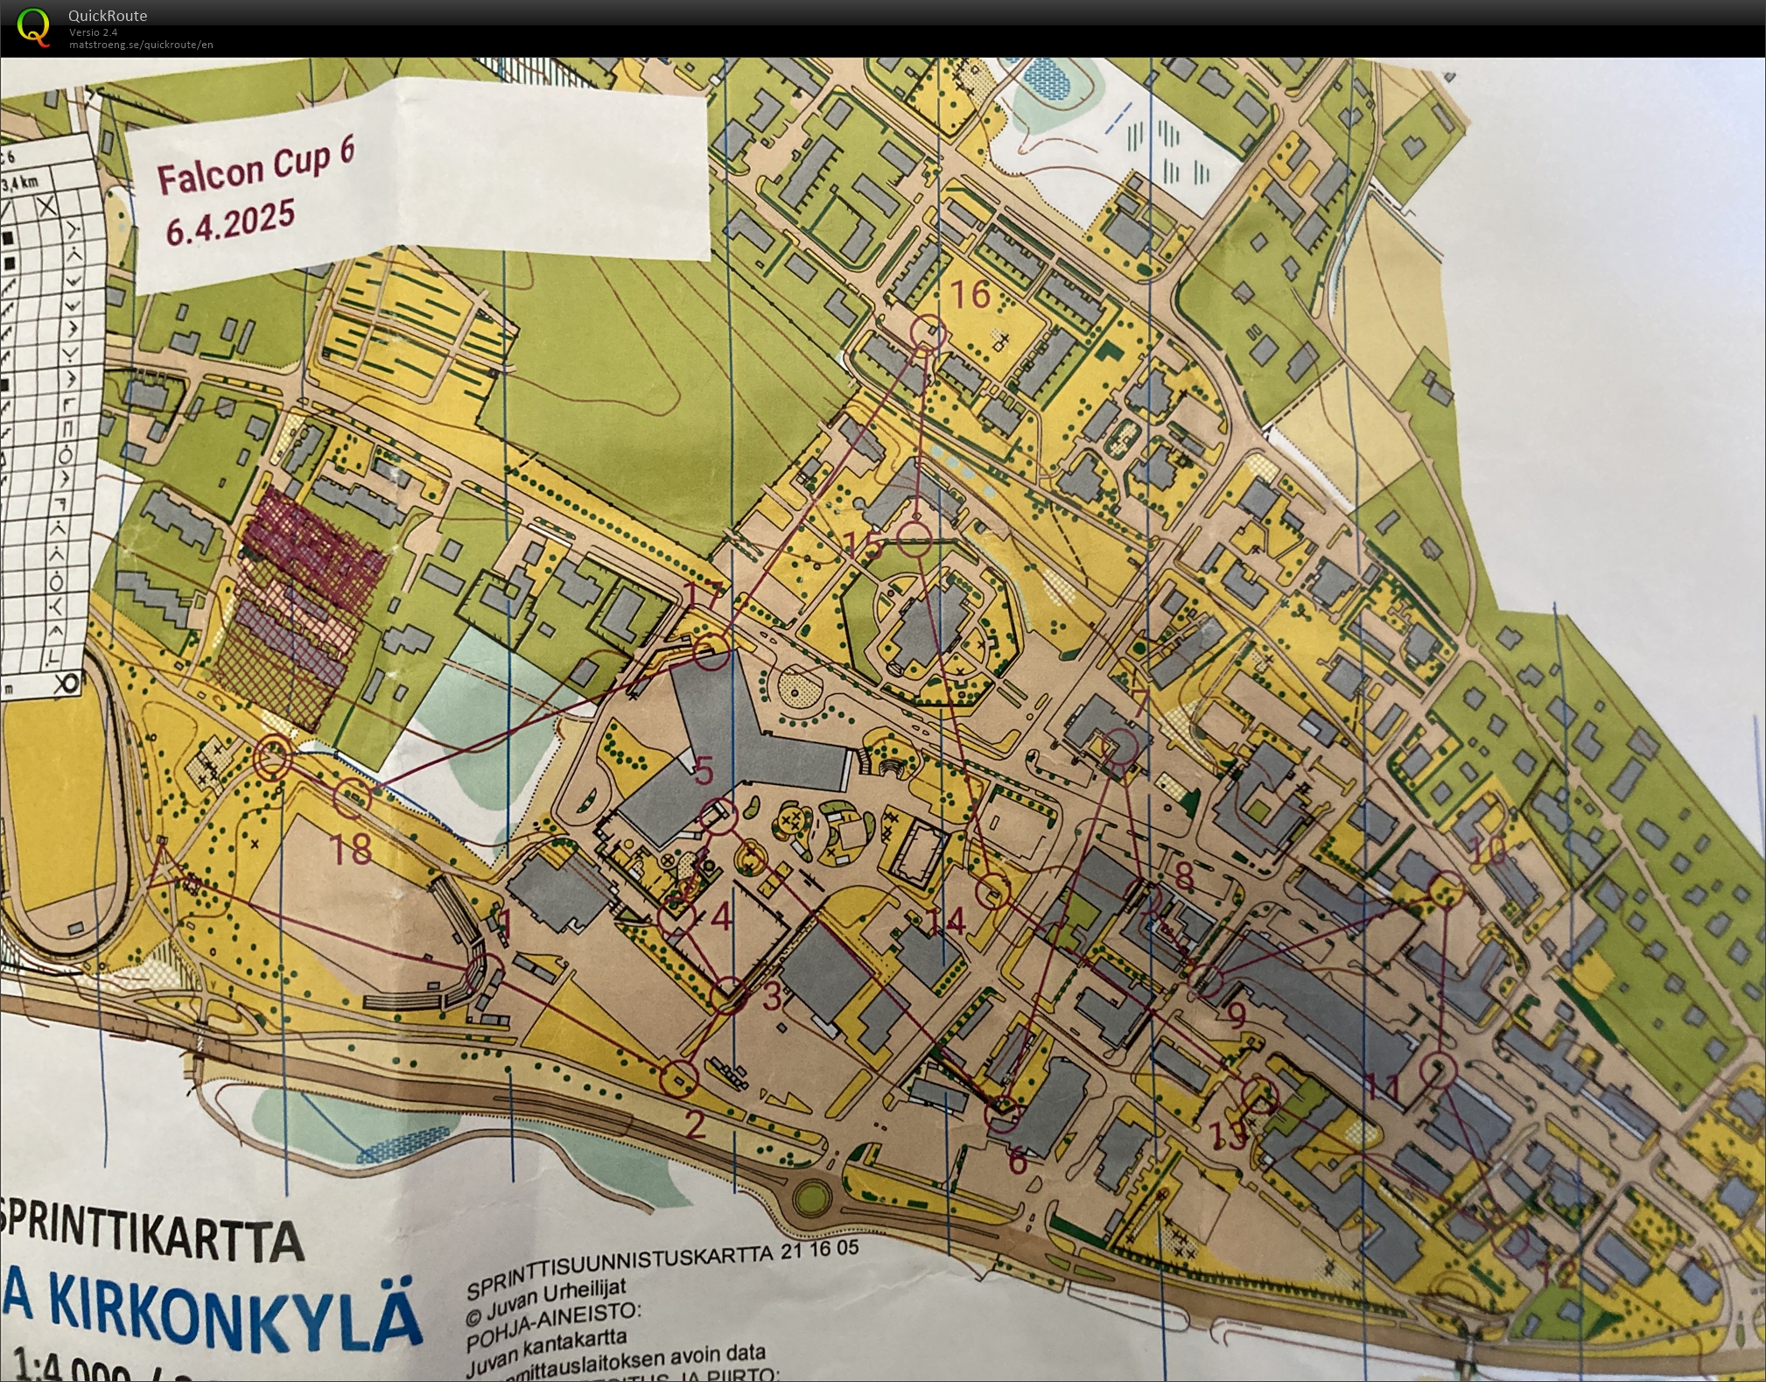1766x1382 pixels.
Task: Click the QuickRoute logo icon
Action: [33, 26]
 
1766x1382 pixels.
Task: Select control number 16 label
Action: [970, 295]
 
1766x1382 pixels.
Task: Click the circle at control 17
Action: [711, 652]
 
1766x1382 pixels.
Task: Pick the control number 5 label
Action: [704, 771]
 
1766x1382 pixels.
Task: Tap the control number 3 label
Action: [771, 996]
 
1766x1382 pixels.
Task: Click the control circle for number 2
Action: [680, 1077]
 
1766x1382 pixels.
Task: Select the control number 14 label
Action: [945, 921]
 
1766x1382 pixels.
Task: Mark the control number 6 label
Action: [1017, 1161]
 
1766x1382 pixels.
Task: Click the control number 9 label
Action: [1236, 1014]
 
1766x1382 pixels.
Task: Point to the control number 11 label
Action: [1383, 1088]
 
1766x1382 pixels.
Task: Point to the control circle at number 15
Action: [914, 538]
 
